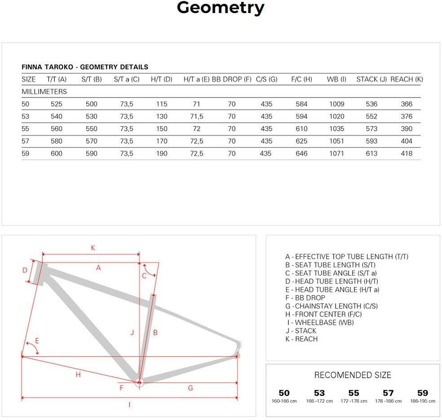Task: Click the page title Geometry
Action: coord(221,8)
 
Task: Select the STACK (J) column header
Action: coord(371,80)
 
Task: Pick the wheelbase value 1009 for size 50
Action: coord(336,104)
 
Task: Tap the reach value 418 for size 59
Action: coord(407,154)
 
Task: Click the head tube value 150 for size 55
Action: coord(162,129)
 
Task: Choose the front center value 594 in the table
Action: coord(301,117)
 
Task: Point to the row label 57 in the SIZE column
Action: coord(26,141)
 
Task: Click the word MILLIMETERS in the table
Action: coord(44,92)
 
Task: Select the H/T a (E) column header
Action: coord(196,80)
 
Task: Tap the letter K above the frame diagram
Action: coord(93,248)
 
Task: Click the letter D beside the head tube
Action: coord(25,270)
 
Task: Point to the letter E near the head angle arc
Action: coord(37,341)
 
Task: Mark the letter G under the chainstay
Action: coord(190,388)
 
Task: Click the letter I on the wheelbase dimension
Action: coord(129,405)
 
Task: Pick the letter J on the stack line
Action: coord(132,332)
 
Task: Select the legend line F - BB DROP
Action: coord(305,298)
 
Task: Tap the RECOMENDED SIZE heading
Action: coord(353,375)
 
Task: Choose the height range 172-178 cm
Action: coord(354,401)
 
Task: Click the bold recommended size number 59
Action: coord(423,393)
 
